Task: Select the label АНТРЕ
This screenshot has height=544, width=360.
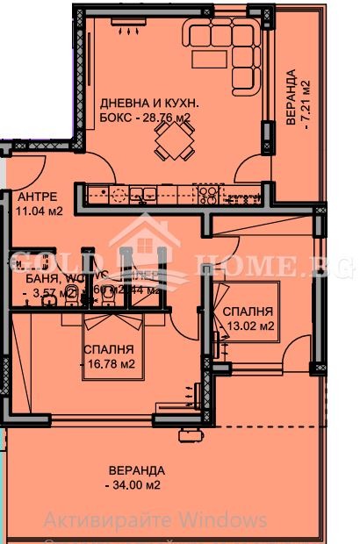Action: pos(38,197)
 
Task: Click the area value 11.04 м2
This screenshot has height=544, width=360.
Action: pos(39,211)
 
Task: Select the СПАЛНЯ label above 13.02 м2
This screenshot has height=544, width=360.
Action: pos(247,311)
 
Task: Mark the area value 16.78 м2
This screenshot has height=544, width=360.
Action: pos(109,363)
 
